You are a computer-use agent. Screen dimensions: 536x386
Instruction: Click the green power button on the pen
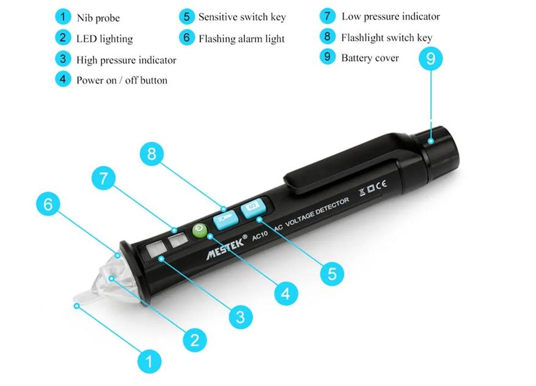tap(200, 230)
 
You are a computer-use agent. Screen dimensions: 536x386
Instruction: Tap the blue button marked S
tap(253, 207)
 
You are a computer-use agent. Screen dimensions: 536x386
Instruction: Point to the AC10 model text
tap(260, 236)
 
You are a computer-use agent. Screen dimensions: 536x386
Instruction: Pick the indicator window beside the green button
tap(178, 240)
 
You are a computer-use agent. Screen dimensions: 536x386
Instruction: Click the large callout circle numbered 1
tap(149, 362)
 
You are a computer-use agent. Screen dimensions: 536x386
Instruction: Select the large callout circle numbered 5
tap(332, 274)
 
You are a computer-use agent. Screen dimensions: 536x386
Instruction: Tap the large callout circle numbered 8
tap(152, 154)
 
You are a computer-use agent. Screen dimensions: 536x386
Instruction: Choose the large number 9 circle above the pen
tap(431, 59)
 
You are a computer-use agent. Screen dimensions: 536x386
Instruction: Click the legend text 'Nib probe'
tap(98, 18)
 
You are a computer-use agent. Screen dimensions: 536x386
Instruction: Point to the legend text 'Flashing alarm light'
tap(241, 39)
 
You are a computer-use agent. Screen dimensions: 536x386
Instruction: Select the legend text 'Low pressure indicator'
tap(391, 17)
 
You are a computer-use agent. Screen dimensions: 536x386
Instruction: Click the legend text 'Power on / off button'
tap(122, 80)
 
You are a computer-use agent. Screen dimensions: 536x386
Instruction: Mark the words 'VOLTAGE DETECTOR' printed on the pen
tap(317, 212)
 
